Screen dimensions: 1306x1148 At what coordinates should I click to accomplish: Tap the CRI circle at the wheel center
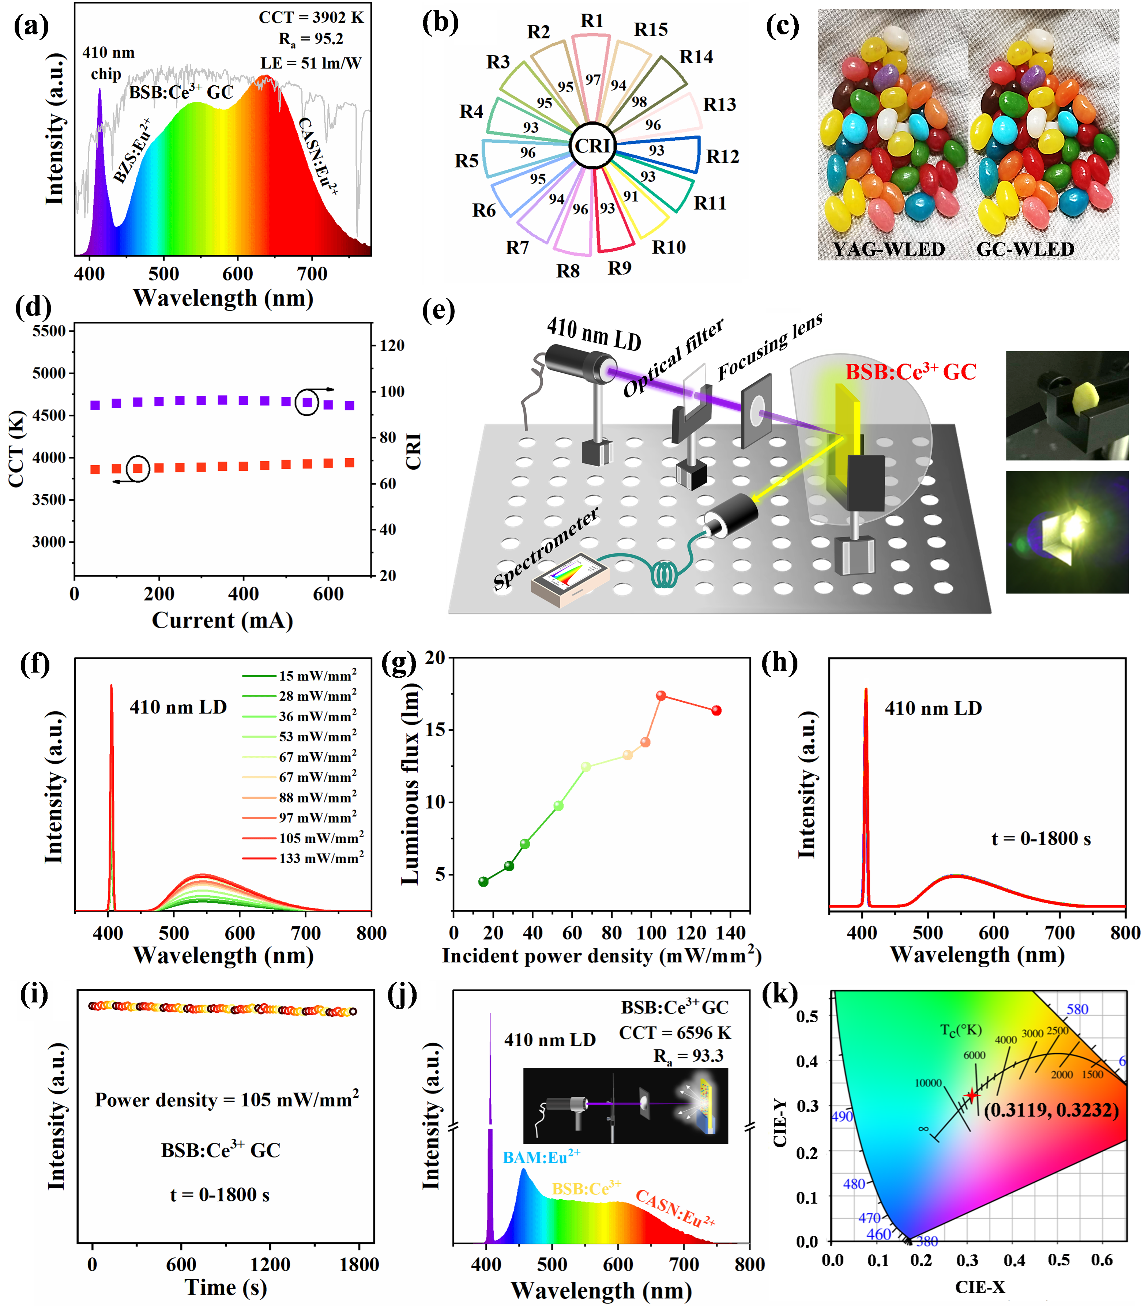(593, 146)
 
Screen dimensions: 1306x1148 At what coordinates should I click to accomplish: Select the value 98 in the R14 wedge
(639, 102)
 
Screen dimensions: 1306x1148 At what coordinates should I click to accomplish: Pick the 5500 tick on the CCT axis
(49, 331)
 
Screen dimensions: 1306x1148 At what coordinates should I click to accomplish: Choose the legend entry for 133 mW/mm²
(321, 858)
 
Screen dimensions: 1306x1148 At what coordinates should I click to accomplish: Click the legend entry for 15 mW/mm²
(317, 675)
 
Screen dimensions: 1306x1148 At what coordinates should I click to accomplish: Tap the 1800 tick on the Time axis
(359, 1264)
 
